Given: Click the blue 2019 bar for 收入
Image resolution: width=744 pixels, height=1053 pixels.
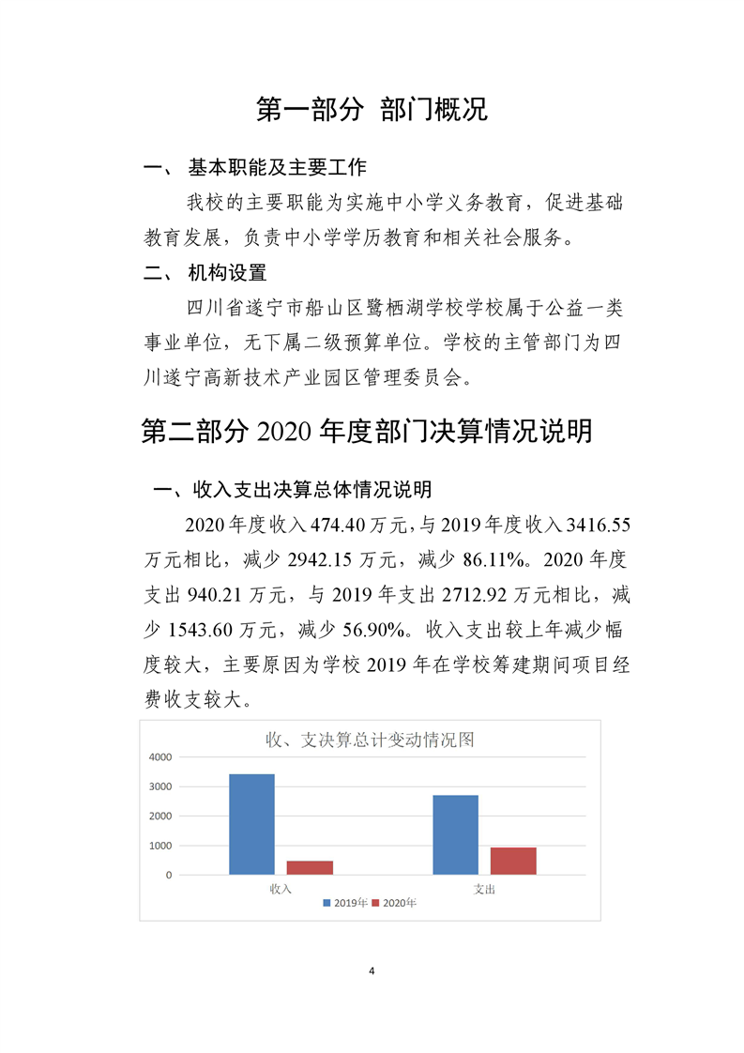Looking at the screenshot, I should [x=252, y=824].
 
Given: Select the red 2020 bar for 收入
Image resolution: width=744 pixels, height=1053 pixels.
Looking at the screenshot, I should [x=310, y=867].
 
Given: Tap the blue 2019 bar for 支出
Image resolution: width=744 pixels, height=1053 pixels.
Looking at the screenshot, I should [x=455, y=834].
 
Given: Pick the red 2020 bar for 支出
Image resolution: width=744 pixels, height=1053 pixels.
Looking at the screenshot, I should [x=513, y=861].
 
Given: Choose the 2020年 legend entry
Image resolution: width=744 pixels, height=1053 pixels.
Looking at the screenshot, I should [x=394, y=903].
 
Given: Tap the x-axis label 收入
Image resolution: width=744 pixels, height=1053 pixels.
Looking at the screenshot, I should [x=281, y=888].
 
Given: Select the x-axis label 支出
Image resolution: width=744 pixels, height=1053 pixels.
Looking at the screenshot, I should [x=484, y=888].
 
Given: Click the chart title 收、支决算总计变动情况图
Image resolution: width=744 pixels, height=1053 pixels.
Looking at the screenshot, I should [x=371, y=740].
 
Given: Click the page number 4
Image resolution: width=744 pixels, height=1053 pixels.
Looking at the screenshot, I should [x=372, y=970].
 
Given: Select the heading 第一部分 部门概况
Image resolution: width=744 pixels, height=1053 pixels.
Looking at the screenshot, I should [x=372, y=110].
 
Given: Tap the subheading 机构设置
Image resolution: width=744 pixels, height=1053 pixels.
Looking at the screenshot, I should [x=227, y=273].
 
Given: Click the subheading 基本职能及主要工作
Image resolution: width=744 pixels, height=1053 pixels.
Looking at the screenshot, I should [x=277, y=168].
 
